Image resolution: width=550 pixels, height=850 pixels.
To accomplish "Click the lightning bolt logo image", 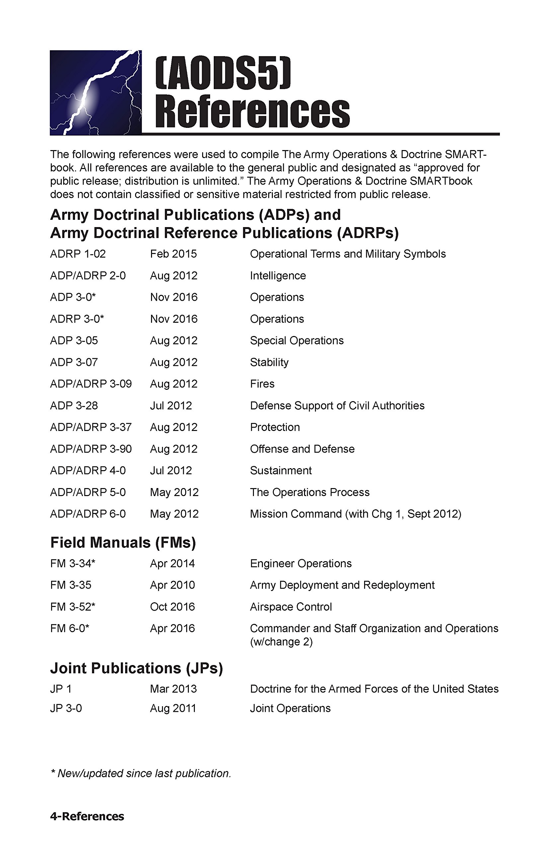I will (x=96, y=93).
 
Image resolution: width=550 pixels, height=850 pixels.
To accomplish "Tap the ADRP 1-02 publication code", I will (x=78, y=254).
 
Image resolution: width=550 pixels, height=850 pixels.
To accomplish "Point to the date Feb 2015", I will (x=173, y=254).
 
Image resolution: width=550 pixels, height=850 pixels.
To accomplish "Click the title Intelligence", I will (x=278, y=276).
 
